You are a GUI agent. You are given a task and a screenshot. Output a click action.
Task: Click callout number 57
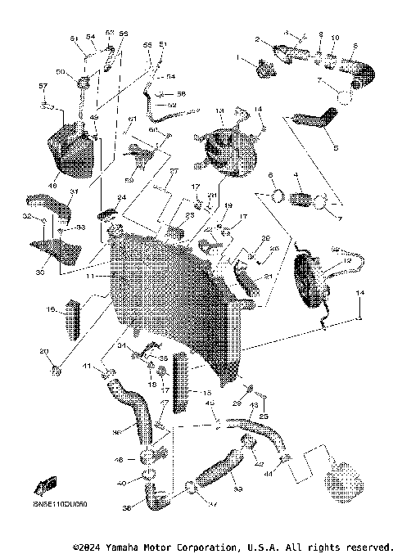click(x=43, y=86)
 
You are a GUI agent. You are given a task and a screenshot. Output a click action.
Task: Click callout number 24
click(x=121, y=198)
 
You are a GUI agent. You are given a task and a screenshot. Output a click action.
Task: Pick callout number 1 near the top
click(x=241, y=58)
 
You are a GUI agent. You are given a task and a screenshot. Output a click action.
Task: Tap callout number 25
click(x=264, y=417)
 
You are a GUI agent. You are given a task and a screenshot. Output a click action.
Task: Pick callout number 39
click(x=216, y=489)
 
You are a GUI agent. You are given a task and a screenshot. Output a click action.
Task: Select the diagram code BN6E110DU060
click(x=60, y=505)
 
